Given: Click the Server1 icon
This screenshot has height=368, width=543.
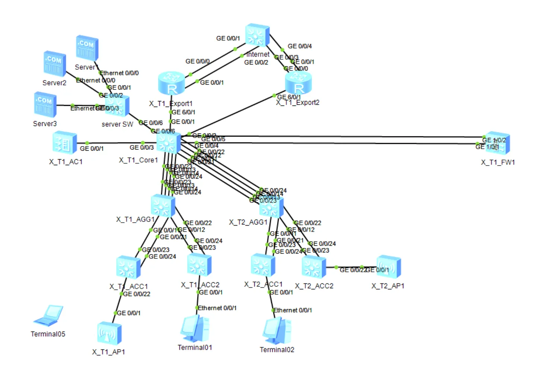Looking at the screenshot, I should click(87, 48).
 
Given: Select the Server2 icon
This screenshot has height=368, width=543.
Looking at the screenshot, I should click(54, 64).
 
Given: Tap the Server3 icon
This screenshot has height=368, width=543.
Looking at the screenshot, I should click(45, 105).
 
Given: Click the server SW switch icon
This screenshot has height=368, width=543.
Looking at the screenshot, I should click(118, 106).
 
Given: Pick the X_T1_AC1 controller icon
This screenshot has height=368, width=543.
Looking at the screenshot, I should click(64, 143).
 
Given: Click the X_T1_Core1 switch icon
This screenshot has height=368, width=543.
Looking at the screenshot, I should click(168, 143).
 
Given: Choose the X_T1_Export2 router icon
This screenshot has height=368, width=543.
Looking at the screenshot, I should click(298, 82).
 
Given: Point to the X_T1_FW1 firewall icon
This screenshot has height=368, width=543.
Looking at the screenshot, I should click(498, 143).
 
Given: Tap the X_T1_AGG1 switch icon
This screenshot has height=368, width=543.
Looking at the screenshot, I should click(163, 206).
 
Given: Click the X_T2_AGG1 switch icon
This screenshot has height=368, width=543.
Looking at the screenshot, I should click(271, 207).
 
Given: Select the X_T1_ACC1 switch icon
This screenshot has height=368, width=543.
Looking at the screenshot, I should click(128, 267).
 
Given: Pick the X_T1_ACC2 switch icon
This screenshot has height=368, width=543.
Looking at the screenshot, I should click(199, 265).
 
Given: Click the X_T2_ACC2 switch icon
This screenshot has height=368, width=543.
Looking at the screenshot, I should click(314, 267).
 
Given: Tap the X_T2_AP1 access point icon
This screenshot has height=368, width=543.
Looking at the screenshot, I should click(388, 267).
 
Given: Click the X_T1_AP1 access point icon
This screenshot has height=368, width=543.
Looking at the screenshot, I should click(109, 333).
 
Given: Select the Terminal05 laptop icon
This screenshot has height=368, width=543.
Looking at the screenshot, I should click(48, 316).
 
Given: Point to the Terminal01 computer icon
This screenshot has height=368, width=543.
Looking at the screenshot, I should click(194, 328).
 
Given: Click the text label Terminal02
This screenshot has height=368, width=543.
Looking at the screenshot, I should click(277, 350).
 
